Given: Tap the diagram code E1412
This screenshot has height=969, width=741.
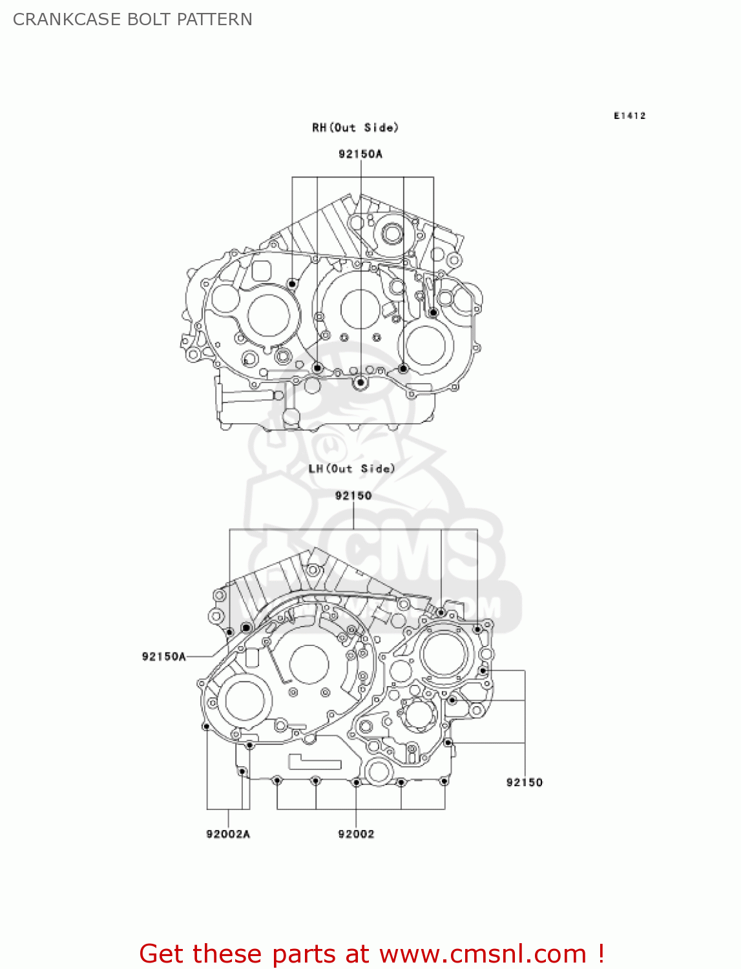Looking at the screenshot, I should point(629,116).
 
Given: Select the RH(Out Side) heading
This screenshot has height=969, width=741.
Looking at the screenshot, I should point(355,128).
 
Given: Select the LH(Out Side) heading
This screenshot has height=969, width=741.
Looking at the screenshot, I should point(351,469).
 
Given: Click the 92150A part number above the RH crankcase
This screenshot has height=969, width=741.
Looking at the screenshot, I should point(360,154).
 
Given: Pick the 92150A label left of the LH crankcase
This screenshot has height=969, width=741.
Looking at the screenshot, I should point(164,656).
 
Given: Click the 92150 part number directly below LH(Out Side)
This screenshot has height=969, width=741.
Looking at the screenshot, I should point(353,495).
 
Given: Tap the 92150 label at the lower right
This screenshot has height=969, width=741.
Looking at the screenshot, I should point(525,782).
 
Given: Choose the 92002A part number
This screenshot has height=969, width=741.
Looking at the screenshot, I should point(228,834).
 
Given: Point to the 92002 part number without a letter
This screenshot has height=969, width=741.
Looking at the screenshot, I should point(356,834).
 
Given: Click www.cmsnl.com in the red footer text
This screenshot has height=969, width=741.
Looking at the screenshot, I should point(482,953).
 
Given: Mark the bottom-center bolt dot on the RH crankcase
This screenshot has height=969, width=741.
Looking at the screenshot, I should point(360,383).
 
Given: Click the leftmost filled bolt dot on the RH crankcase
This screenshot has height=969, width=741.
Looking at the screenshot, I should point(292,284).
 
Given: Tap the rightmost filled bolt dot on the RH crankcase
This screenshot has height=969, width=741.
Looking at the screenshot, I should point(433,313).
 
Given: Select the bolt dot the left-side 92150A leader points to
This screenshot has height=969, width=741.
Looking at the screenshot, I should point(245,628).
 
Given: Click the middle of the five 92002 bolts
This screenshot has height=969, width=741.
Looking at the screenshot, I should point(356,782).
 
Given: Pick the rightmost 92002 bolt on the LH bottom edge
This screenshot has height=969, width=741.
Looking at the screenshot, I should point(444,782).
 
